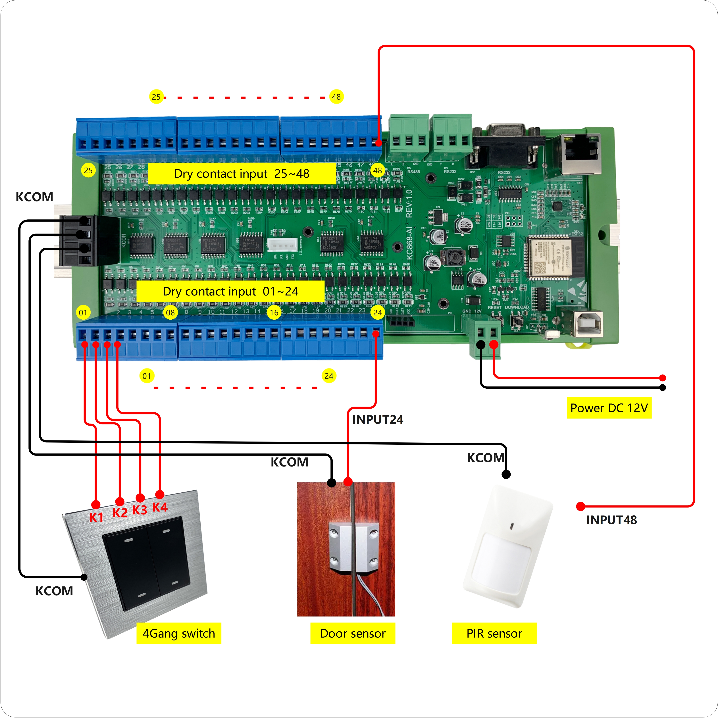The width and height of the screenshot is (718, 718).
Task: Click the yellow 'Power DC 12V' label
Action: coord(609,408)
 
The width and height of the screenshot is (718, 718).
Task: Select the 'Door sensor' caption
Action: coord(353,633)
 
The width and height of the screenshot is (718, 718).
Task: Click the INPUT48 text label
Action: coord(611,520)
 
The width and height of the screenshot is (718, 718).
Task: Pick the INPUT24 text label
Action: coord(378,420)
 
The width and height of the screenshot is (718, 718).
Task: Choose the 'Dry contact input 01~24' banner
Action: coord(230,291)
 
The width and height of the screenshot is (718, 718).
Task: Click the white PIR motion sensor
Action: coord(507,546)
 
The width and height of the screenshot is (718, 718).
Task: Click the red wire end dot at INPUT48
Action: coord(580,506)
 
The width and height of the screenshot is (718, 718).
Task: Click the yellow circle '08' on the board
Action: coord(170,313)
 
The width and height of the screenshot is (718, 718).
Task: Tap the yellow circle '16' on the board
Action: coord(274,313)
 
